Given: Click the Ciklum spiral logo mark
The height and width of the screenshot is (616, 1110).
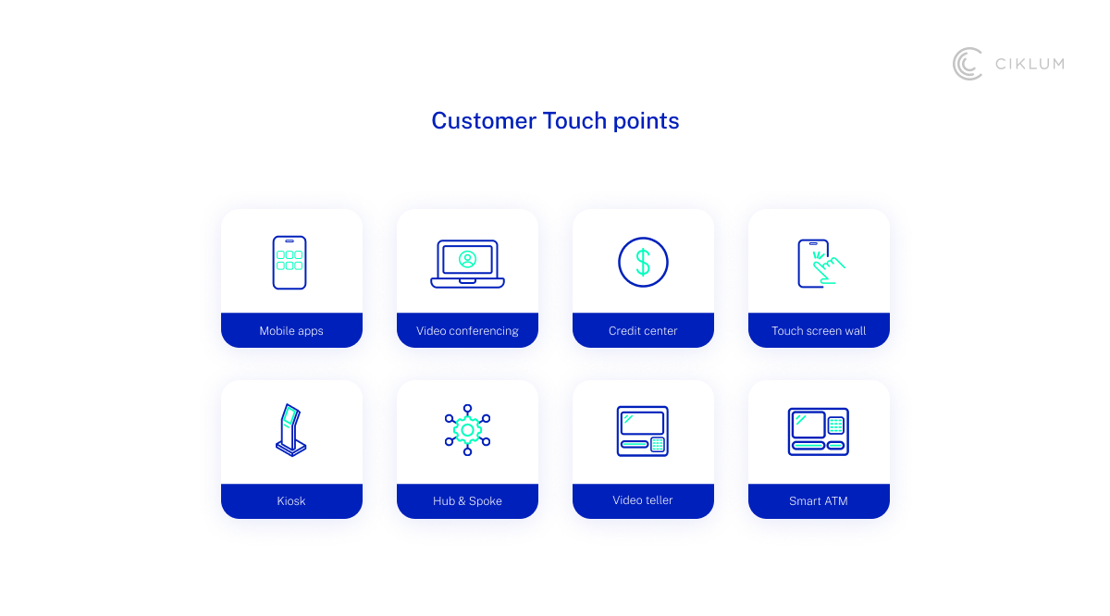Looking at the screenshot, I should pos(968,64).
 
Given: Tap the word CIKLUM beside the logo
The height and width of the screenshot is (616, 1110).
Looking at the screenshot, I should pos(1030,64).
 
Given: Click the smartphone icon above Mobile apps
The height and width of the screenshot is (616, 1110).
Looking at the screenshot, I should pos(290,263).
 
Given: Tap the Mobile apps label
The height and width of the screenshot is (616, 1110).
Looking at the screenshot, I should pos(291,331).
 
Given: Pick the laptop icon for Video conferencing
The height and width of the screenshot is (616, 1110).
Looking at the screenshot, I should pos(467,264).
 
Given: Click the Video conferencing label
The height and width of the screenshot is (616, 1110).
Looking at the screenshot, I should pos(467,331).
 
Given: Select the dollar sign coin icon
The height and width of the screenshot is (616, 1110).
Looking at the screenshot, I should pos(643,262).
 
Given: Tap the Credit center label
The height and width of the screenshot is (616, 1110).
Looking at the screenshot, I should pos(643,331).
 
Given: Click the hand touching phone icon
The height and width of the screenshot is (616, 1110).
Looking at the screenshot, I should pos(820,264).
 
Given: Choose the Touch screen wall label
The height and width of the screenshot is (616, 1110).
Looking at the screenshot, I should pos(819,331).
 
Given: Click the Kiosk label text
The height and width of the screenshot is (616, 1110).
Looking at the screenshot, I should pos(291,501).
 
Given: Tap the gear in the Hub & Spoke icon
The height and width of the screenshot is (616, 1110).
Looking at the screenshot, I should pos(467,429).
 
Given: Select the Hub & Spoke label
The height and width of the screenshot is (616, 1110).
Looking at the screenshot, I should pos(467,501).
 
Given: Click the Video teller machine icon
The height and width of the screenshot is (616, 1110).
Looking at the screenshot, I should pos(643,431).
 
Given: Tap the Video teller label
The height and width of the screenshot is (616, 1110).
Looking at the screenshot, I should pos(643,500).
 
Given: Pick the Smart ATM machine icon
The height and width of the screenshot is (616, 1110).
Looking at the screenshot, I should pos(819,432).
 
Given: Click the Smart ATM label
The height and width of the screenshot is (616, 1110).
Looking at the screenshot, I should pos(819,501).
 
